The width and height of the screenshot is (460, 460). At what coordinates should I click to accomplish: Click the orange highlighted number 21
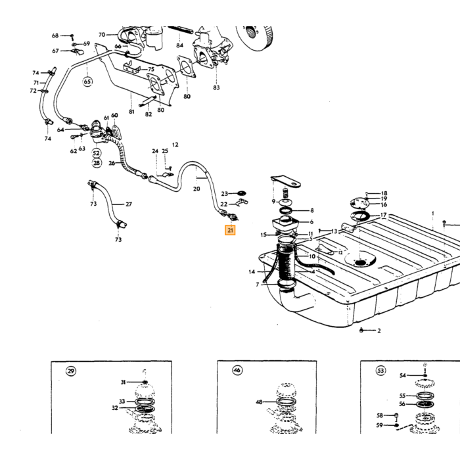point(230,230)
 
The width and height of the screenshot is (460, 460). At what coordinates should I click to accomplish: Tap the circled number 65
point(87,81)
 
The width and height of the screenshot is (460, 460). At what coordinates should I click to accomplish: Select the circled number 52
point(96,153)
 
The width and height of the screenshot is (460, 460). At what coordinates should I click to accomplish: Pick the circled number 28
point(97,163)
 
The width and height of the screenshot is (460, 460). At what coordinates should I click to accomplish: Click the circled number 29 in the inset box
point(71,371)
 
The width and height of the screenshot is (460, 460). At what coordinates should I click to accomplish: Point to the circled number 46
point(237,370)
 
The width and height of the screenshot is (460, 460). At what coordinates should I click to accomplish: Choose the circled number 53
point(380,371)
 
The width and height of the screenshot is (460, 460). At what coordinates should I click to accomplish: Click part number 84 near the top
point(179,45)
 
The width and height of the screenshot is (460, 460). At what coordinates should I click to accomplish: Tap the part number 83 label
point(216,87)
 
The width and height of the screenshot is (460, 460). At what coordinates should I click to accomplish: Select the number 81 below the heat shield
point(131,112)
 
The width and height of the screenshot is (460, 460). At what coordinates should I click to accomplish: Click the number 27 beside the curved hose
point(129,204)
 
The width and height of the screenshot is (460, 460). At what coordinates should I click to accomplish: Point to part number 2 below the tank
point(379,331)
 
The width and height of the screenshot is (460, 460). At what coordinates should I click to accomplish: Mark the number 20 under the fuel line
point(196,189)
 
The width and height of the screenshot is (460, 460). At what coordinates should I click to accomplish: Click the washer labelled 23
point(242,193)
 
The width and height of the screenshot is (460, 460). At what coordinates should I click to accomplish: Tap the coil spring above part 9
point(285,193)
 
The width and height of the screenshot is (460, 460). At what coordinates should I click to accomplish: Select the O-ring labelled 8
point(285,210)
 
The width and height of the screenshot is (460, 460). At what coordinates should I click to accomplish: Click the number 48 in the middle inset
point(259,402)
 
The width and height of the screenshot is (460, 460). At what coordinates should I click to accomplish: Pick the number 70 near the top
point(102,35)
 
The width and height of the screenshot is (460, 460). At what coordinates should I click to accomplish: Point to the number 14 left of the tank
point(252,272)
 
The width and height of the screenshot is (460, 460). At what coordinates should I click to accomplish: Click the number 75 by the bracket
point(151,69)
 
